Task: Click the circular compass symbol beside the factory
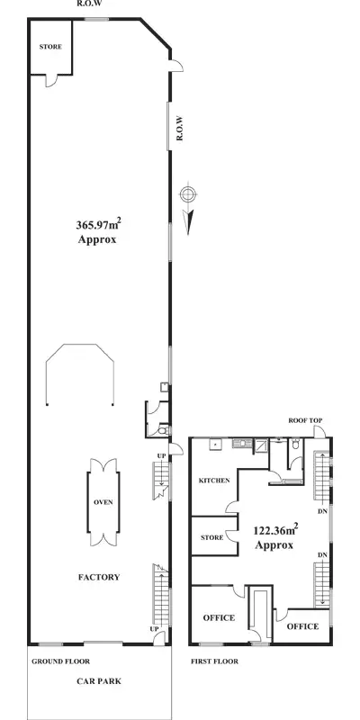[187, 194]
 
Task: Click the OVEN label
[103, 502]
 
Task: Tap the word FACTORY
[99, 577]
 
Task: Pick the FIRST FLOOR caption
[214, 661]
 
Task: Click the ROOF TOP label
[304, 420]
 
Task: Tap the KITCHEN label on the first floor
[215, 481]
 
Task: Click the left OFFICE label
[219, 617]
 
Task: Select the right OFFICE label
[301, 626]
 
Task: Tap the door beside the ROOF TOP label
[319, 433]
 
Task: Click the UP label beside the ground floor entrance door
[155, 628]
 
